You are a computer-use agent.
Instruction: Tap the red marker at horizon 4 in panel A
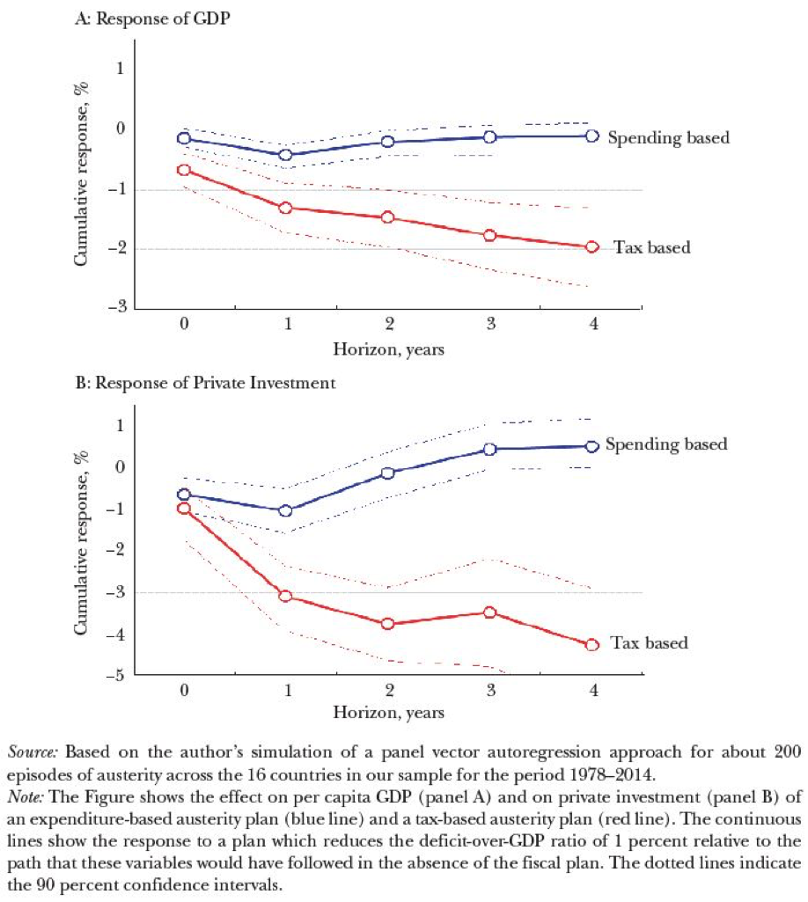point(591,247)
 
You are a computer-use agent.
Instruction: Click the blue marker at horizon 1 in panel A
point(285,155)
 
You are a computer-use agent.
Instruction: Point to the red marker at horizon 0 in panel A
point(184,170)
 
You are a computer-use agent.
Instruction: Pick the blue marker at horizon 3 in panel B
point(489,450)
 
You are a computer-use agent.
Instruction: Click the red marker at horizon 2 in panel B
point(387,624)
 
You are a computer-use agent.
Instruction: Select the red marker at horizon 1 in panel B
point(285,597)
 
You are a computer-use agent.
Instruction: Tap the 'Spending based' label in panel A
point(669,137)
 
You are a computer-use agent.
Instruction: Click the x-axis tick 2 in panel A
point(387,324)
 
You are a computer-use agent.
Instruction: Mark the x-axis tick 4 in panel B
point(591,690)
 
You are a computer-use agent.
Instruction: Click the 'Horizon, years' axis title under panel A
point(387,349)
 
